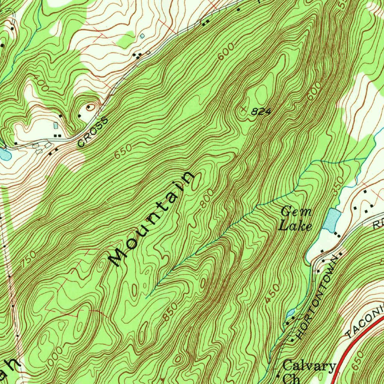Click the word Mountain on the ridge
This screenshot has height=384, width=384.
point(151,220)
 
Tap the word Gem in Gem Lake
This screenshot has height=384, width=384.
point(296,212)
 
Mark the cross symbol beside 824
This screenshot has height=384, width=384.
point(244,109)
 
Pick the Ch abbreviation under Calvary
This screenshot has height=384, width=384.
point(291,378)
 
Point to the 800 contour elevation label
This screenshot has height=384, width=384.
point(207,198)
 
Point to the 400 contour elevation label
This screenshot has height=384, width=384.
point(40,83)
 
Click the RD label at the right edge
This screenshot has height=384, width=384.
point(378,224)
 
